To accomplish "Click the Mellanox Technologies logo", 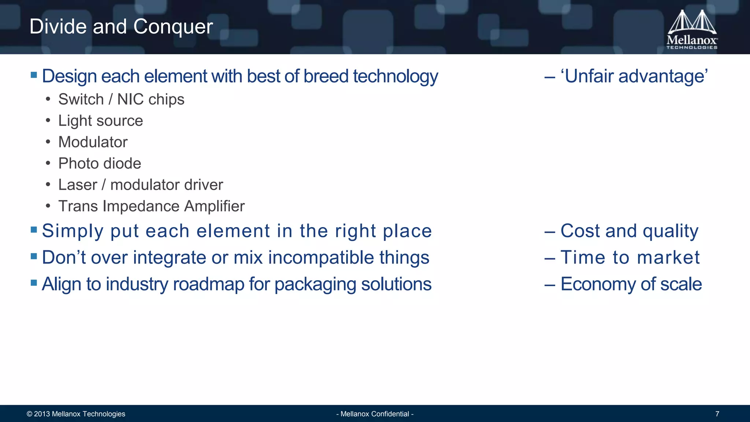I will [691, 29].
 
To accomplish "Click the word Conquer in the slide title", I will [173, 26].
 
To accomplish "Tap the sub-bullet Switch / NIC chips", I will [121, 99].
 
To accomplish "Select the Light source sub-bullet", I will [100, 121].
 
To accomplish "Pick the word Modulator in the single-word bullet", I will [93, 142].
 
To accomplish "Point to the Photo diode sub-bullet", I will [100, 163].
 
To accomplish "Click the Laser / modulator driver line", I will [141, 185].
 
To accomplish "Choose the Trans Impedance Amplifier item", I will [151, 206].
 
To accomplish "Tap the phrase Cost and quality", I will [629, 231].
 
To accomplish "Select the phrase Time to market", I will [630, 257].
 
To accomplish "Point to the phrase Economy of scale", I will [631, 284].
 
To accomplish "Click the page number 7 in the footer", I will [717, 414].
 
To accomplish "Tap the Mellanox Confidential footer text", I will [375, 414].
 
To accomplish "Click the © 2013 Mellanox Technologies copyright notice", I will [76, 414].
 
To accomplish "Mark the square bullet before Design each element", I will [34, 75].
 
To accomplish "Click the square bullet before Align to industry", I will [34, 282].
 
